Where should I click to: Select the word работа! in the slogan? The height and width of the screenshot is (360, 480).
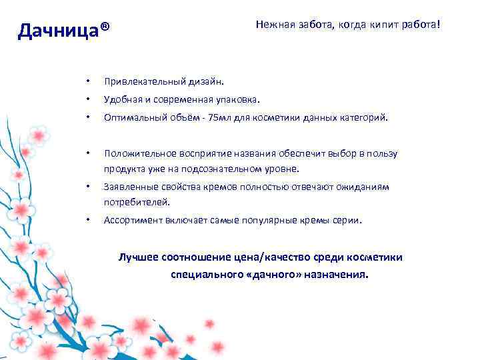click(x=420, y=25)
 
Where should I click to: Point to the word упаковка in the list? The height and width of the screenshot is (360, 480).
click(x=236, y=100)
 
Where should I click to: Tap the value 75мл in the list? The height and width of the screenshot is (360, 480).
click(x=220, y=117)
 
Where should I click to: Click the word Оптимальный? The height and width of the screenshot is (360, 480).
click(x=131, y=117)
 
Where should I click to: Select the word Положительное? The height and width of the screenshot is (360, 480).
click(x=135, y=153)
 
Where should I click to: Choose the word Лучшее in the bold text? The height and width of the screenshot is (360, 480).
click(x=137, y=257)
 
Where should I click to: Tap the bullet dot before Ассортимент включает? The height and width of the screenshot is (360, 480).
click(x=87, y=220)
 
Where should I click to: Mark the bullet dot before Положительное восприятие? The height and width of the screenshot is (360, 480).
click(x=87, y=153)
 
